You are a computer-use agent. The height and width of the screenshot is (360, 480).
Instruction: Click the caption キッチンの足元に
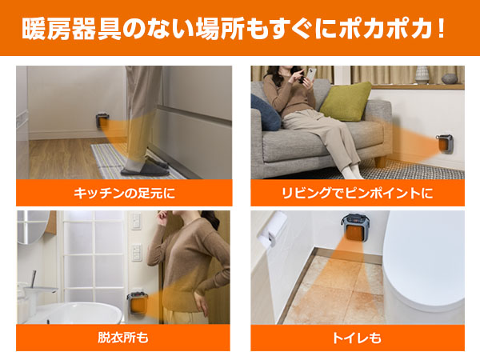point(124,193)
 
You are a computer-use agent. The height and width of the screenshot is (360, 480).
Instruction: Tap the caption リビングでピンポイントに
point(357,193)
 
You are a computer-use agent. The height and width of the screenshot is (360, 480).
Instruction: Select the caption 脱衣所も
point(123,338)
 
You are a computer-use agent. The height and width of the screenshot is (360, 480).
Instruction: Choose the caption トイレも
point(357,338)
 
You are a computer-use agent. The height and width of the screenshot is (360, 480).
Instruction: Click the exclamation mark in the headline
point(441,29)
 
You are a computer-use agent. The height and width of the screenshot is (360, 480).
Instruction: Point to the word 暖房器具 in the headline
point(72,30)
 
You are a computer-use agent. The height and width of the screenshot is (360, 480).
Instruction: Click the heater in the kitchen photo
point(102,121)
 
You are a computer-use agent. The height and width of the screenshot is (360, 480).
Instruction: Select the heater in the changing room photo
point(138,303)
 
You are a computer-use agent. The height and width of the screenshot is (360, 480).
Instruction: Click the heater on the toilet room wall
point(354,227)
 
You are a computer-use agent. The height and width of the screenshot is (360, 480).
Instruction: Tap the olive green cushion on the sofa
point(346,101)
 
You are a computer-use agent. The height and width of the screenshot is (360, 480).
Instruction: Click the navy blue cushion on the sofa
point(265,113)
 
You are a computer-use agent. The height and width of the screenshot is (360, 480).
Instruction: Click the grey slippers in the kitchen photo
point(145,169)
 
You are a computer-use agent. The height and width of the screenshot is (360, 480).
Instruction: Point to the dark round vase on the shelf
point(449,78)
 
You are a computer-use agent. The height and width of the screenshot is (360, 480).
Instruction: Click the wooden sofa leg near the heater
point(380,162)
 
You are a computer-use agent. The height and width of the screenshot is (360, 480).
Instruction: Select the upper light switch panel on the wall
point(136,221)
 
